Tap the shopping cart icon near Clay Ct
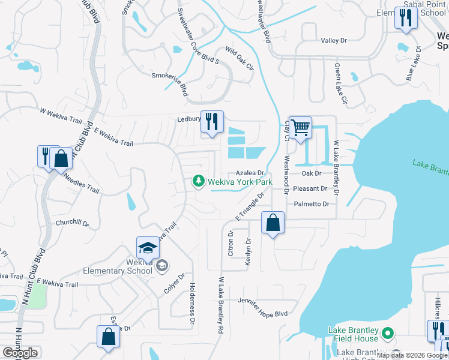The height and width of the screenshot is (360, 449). (x=300, y=127)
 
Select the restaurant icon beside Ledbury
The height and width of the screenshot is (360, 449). (x=211, y=122)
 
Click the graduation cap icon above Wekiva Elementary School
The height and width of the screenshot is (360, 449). (x=148, y=248)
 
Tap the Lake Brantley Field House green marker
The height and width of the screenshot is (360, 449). (x=388, y=332)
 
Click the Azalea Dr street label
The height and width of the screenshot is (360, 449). (x=251, y=173)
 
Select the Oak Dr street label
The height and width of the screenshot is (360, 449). (x=312, y=173)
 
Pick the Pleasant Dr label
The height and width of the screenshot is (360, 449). (x=311, y=188)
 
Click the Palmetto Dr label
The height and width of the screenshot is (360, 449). (x=312, y=204)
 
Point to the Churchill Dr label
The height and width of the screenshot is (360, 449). (x=72, y=223)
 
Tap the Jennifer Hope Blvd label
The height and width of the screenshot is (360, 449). (x=262, y=307)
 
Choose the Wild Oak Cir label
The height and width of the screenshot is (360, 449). (x=239, y=58)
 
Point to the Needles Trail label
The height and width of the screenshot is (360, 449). (x=81, y=184)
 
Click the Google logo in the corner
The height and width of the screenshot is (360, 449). (x=20, y=353)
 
